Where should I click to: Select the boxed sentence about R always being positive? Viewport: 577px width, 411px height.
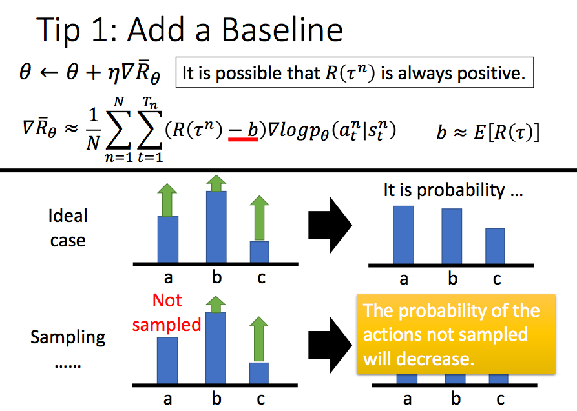click(x=353, y=73)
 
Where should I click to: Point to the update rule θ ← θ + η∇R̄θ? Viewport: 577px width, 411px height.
click(x=90, y=74)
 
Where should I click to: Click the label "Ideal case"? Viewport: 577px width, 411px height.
click(x=67, y=228)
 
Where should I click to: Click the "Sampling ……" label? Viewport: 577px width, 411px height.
click(x=68, y=346)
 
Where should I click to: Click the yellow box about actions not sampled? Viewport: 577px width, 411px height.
click(x=456, y=334)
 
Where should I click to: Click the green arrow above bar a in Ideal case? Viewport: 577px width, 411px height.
click(x=168, y=199)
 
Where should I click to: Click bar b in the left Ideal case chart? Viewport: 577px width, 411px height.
click(x=216, y=226)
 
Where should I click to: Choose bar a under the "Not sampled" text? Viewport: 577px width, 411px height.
click(x=168, y=359)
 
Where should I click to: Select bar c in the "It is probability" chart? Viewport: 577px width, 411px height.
click(x=495, y=245)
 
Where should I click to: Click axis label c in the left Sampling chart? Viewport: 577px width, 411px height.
click(x=260, y=399)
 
